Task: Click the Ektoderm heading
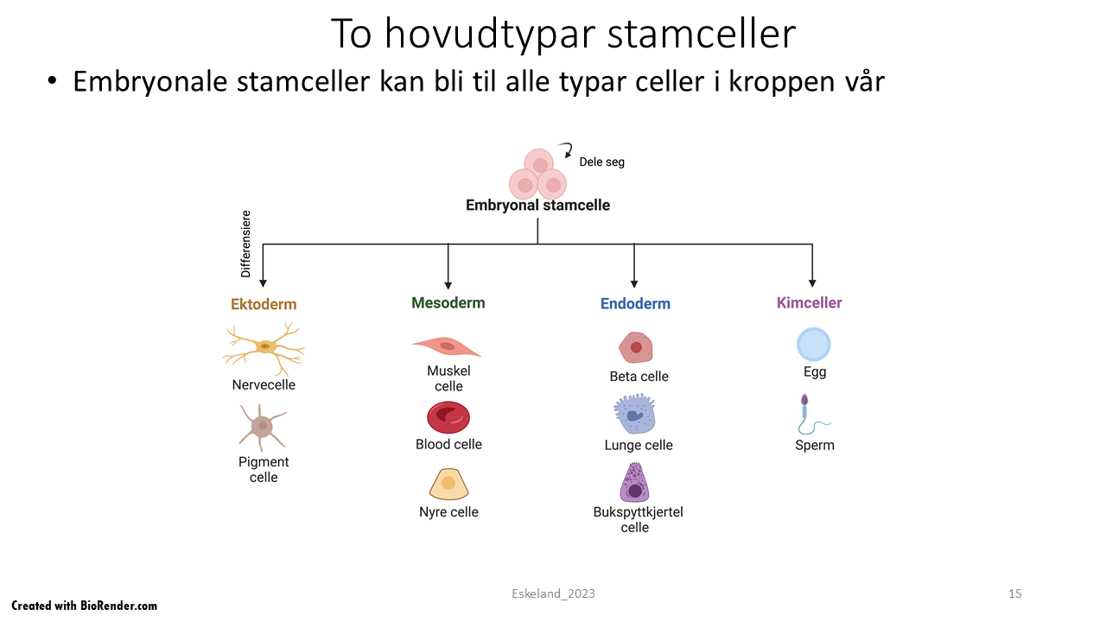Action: pyautogui.click(x=264, y=304)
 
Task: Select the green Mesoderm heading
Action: pyautogui.click(x=448, y=302)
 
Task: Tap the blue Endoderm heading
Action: pyautogui.click(x=635, y=303)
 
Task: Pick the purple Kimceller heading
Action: pyautogui.click(x=809, y=302)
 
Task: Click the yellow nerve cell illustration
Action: pyautogui.click(x=264, y=347)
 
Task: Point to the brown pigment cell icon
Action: pyautogui.click(x=262, y=426)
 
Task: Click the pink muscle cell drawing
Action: pyautogui.click(x=446, y=346)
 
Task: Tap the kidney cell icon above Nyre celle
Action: pyautogui.click(x=448, y=484)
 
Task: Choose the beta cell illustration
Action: pyautogui.click(x=636, y=347)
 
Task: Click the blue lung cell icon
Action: pyautogui.click(x=635, y=415)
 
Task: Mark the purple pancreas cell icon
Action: pyautogui.click(x=635, y=483)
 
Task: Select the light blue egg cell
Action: pyautogui.click(x=813, y=344)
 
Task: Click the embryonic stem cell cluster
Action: pyautogui.click(x=537, y=175)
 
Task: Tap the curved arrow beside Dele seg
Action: pyautogui.click(x=566, y=150)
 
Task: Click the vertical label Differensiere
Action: pyautogui.click(x=245, y=244)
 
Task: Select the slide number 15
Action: pyautogui.click(x=1015, y=593)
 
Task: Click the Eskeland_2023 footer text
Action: pyautogui.click(x=553, y=593)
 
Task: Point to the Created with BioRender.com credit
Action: pyautogui.click(x=85, y=606)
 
